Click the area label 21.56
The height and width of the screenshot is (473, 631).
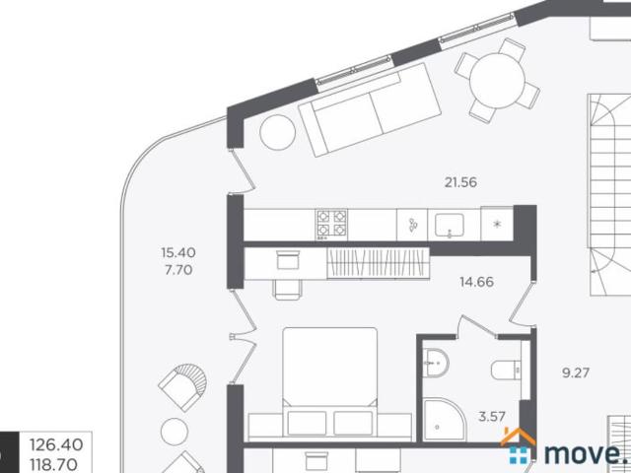(460, 182)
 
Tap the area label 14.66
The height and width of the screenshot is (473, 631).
(476, 282)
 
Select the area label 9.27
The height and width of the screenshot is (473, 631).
(576, 372)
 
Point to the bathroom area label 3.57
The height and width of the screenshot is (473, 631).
(492, 416)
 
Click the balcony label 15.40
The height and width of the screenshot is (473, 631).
(178, 252)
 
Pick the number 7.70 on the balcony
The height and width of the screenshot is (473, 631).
(178, 269)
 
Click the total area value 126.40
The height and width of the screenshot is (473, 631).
(56, 444)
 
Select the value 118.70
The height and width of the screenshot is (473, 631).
(54, 464)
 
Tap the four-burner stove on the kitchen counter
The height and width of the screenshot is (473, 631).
(331, 225)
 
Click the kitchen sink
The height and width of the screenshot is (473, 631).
(450, 225)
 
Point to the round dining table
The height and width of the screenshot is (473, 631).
(497, 81)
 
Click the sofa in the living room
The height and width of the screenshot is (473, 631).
(371, 109)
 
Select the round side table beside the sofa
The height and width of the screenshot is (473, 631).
(278, 132)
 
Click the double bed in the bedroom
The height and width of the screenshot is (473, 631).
(330, 382)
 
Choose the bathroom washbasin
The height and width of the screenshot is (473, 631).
(436, 364)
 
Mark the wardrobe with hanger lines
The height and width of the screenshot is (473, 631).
(379, 263)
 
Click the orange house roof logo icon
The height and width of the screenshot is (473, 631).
(517, 438)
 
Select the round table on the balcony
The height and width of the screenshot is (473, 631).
(175, 432)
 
